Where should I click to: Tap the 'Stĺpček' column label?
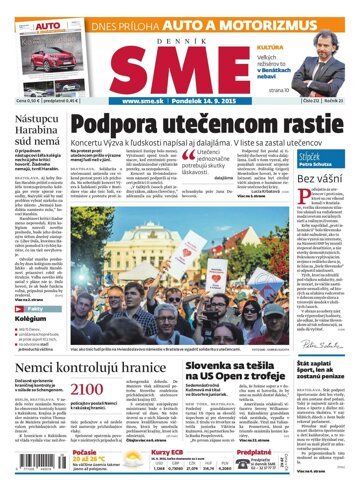pyautogui.click(x=315, y=130)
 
